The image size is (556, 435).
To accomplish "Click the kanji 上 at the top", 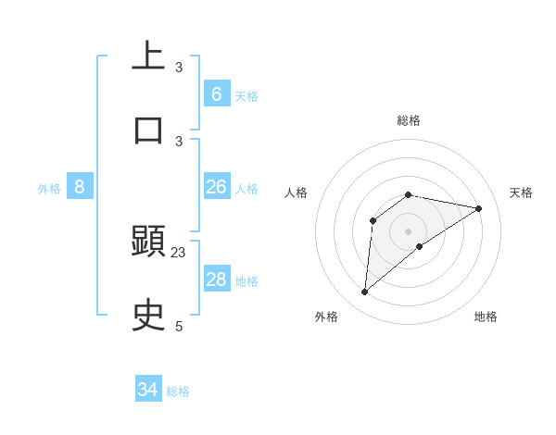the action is click(x=148, y=56).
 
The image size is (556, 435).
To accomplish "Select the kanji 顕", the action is click(x=148, y=242).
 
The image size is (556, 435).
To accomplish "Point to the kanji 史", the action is click(x=148, y=316).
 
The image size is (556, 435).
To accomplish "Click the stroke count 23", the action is click(x=179, y=252).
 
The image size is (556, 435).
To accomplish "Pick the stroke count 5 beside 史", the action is click(x=179, y=326).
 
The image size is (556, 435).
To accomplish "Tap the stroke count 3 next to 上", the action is click(x=179, y=67).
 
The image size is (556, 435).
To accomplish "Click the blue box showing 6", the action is click(x=217, y=93).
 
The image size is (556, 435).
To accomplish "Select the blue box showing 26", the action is click(x=217, y=187).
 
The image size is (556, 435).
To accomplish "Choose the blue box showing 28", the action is click(x=217, y=280).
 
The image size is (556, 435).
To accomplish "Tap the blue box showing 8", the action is click(x=79, y=187).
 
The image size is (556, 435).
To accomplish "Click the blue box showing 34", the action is click(x=148, y=390).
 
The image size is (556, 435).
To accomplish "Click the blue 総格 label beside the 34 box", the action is click(x=178, y=391).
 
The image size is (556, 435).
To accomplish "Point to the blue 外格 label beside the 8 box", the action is click(x=49, y=189).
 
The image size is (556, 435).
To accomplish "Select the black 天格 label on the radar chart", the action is click(x=521, y=193).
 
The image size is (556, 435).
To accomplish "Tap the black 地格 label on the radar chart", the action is click(x=486, y=317).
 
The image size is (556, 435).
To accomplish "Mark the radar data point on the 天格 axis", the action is click(x=479, y=208).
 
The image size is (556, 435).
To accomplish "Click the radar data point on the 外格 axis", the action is click(x=365, y=292).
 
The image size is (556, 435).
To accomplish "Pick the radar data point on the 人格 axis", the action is click(x=373, y=220).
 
